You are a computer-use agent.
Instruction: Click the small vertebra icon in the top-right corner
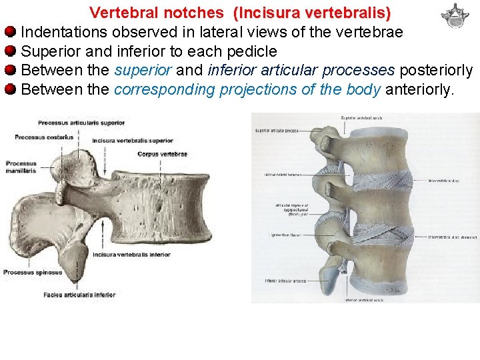coord(455,15)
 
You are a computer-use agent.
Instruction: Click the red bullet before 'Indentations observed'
coord(10,32)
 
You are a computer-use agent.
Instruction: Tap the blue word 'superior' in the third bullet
coord(143,71)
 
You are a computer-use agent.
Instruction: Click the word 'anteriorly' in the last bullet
coord(419,89)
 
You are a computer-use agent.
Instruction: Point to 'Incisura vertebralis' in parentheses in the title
coord(312,13)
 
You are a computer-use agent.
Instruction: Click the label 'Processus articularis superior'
coord(81,123)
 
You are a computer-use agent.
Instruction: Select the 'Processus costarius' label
coord(44,137)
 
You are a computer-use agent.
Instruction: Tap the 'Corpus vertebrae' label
coord(162,154)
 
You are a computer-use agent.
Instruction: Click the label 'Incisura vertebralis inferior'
coord(132,255)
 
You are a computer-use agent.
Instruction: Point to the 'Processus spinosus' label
coord(33,272)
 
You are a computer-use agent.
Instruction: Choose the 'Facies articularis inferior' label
coord(79,295)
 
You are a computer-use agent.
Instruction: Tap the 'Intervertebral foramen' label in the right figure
coord(282,175)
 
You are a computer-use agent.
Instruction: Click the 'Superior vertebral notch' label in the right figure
coord(361,118)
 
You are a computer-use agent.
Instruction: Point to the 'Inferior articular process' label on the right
coord(285,281)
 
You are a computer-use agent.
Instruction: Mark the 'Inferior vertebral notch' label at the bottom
coord(364,300)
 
